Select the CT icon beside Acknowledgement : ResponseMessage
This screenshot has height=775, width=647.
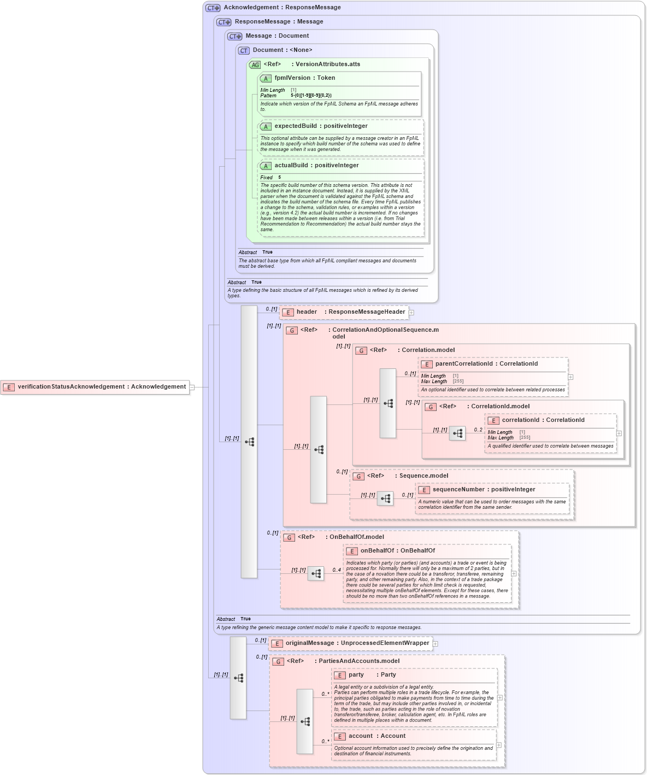[x=213, y=8]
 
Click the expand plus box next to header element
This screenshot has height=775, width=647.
[x=411, y=313]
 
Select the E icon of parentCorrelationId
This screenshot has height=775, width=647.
[x=427, y=365]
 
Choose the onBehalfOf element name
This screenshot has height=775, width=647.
[x=378, y=551]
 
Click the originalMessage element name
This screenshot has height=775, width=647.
[x=309, y=643]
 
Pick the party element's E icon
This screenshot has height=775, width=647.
[x=340, y=676]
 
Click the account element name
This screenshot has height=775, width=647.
[x=361, y=736]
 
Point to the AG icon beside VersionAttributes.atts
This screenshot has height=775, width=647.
[x=255, y=65]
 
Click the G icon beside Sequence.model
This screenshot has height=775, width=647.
[x=358, y=477]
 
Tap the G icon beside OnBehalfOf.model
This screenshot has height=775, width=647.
[x=289, y=538]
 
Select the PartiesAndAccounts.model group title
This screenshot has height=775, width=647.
[x=359, y=661]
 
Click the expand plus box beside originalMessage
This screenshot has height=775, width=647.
[x=436, y=644]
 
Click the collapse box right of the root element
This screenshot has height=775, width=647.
[x=192, y=387]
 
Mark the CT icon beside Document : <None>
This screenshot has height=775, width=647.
[x=244, y=51]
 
